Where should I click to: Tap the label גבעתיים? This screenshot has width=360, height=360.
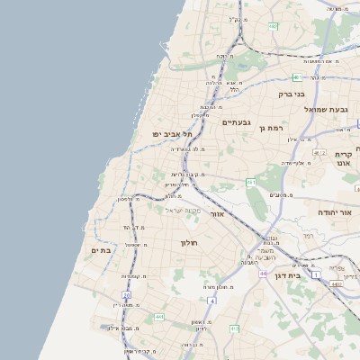coord(236,121)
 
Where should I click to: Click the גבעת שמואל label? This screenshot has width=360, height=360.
coord(325,109)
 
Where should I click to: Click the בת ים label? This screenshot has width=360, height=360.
coord(102,250)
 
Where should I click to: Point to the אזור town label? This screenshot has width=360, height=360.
coord(216,215)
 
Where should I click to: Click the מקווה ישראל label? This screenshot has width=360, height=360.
coord(183,210)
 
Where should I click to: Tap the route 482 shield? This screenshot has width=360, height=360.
coord(273,26)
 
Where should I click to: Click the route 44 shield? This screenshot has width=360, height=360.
coord(263,272)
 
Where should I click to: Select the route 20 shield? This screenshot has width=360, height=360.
coord(127,294)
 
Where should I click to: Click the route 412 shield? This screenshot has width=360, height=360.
coord(234,329)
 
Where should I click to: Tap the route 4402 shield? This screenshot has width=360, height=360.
coord(336,283)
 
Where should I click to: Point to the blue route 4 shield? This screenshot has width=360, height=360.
coord(211,300)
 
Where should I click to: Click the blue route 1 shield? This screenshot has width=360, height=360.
coord(315,274)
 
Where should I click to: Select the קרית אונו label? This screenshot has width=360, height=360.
coord(343,159)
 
